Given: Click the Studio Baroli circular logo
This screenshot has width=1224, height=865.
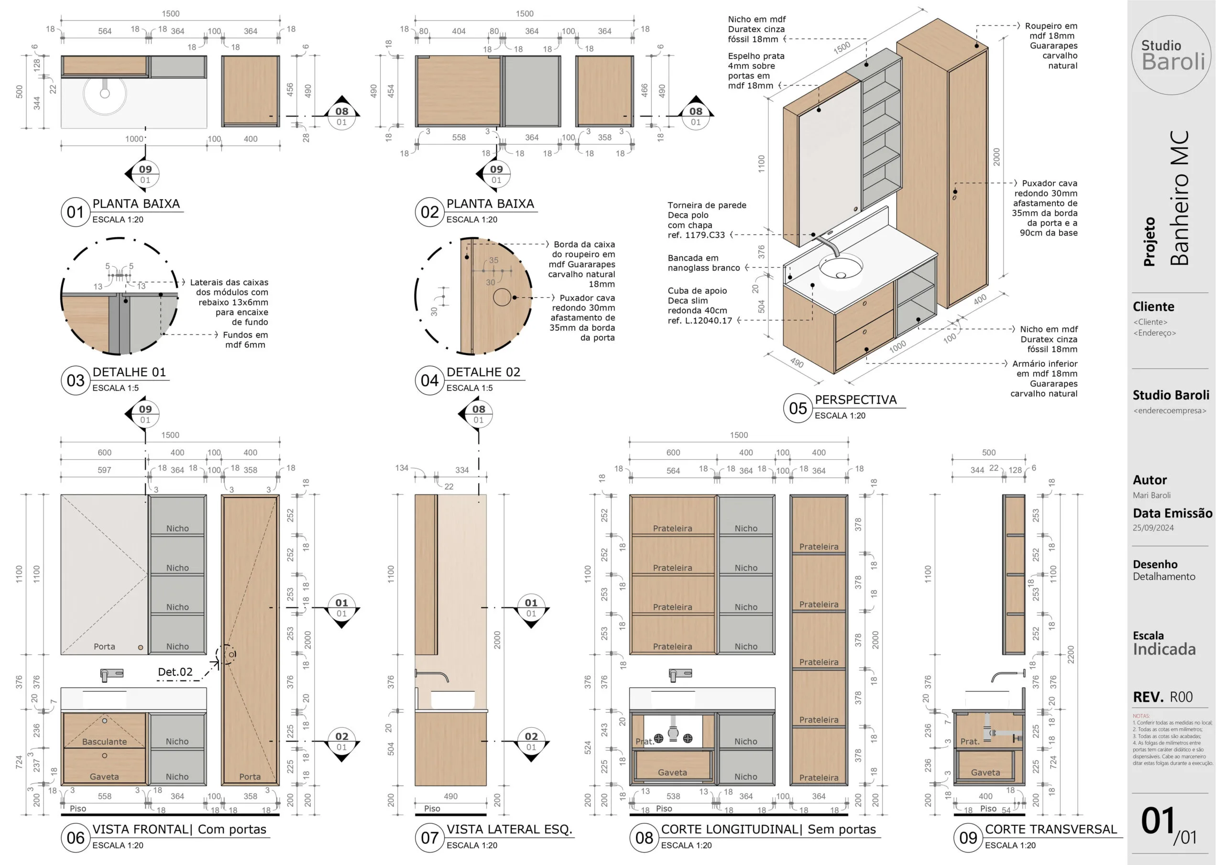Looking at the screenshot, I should [1171, 55].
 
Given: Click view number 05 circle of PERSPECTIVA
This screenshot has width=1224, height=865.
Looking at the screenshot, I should [798, 408].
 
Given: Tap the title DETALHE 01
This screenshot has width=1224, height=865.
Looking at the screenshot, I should [129, 372].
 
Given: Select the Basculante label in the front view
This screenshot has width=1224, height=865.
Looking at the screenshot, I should [105, 741].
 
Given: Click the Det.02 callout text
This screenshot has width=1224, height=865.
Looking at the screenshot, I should [175, 672].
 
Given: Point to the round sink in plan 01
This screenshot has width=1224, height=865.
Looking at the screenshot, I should [105, 94].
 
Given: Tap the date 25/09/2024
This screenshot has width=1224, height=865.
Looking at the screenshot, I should [1153, 528].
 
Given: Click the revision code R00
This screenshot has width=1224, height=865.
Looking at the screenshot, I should [1181, 697].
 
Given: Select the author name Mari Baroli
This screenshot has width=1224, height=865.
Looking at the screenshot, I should [1151, 495].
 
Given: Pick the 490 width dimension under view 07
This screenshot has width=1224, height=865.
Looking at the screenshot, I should [450, 796].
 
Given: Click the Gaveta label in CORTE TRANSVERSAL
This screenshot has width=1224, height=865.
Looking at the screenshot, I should [985, 772].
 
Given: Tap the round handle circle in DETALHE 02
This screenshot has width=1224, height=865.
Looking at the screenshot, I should [502, 297].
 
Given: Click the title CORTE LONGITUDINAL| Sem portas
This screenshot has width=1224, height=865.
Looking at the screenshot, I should [768, 829].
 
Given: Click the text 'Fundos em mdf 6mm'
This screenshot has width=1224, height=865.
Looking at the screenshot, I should [245, 339].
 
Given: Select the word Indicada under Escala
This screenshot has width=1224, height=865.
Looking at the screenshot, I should [1164, 649].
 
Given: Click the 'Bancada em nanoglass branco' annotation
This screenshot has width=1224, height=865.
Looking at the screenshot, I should [703, 263].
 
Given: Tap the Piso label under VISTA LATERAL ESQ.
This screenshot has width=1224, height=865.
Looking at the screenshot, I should [432, 809].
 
